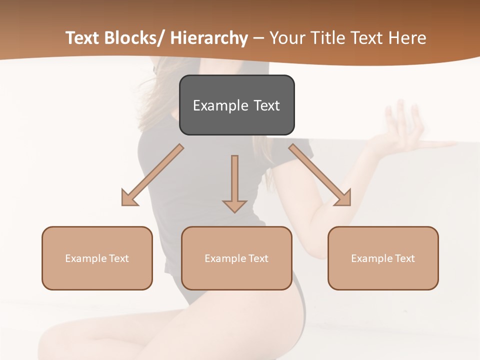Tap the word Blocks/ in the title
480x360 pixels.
[x=133, y=38]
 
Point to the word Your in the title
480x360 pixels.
[x=288, y=38]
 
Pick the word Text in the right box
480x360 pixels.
[x=405, y=258]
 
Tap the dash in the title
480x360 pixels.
[x=258, y=38]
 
